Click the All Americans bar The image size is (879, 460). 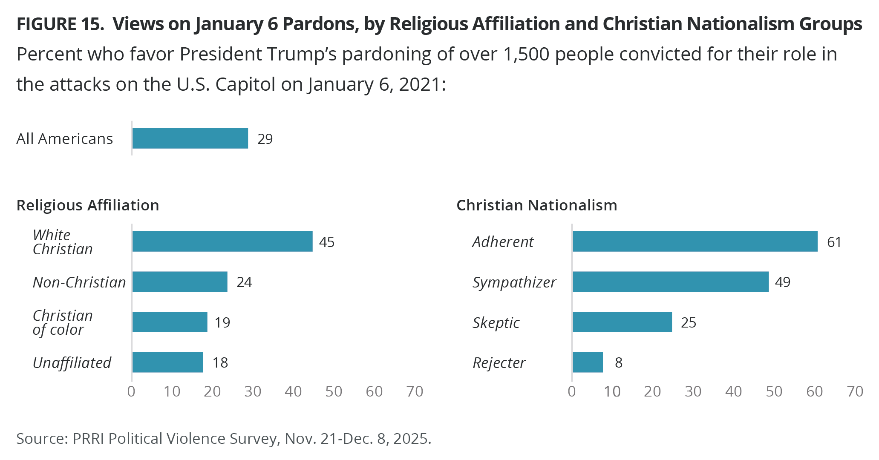tap(190, 138)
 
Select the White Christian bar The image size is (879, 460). tap(222, 241)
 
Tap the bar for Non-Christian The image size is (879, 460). tap(180, 282)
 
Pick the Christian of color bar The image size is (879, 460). tap(170, 322)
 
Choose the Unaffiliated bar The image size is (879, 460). tap(167, 362)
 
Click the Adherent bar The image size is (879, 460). tap(695, 241)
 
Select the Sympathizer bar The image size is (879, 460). tap(671, 282)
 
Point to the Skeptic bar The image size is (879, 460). tap(622, 322)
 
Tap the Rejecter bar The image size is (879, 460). tap(588, 362)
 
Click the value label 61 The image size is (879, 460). tap(834, 242)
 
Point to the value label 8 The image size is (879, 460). tap(618, 362)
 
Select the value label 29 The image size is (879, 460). tap(265, 139)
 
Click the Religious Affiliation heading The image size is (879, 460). tap(88, 205)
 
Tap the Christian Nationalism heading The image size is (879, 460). tap(536, 205)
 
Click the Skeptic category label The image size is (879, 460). tap(496, 322)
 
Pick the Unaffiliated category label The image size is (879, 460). tap(72, 362)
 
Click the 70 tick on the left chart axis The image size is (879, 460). tap(415, 391)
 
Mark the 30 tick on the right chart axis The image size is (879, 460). tap(693, 391)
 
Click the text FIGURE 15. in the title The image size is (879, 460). tap(60, 24)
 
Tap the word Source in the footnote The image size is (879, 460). tap(40, 438)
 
